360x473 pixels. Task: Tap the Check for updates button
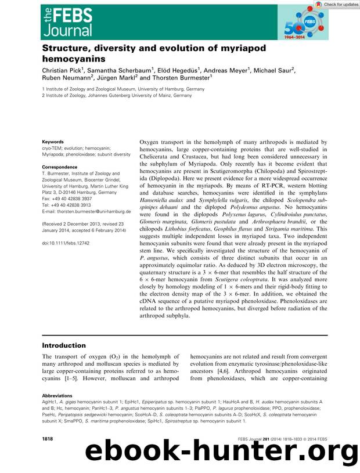click(x=337, y=4)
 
